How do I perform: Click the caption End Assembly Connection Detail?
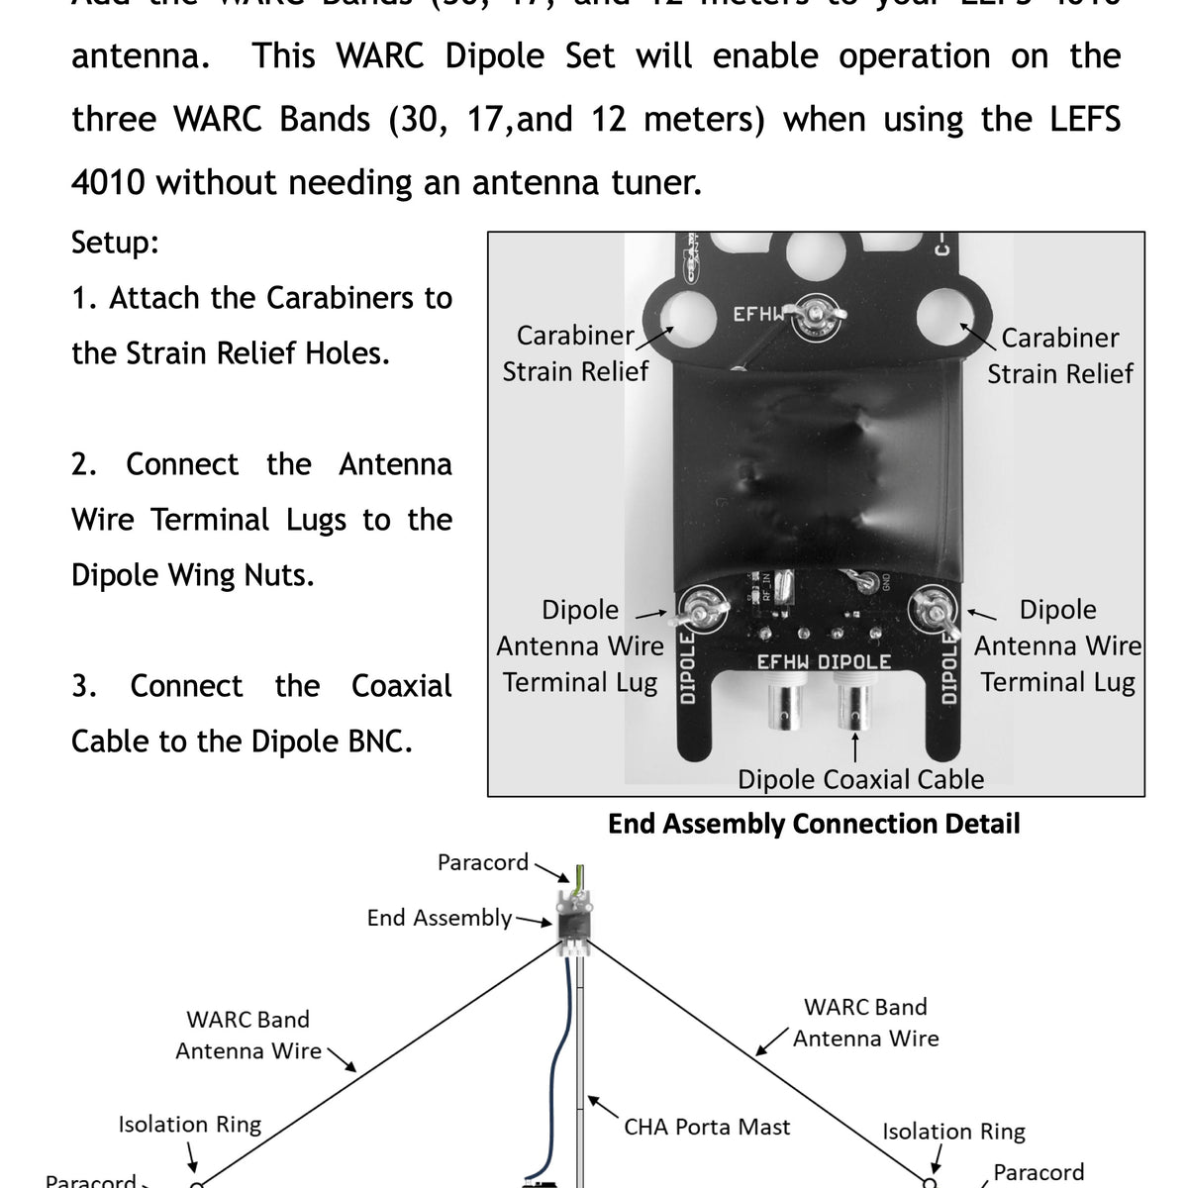(x=813, y=824)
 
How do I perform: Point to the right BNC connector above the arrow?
(x=856, y=705)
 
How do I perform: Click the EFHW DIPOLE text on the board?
(x=824, y=661)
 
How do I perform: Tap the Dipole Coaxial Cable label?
(x=860, y=779)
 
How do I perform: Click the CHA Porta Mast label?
(x=707, y=1126)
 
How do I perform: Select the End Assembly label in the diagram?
(x=440, y=918)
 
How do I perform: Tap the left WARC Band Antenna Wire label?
(x=247, y=1035)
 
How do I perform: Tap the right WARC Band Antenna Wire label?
(x=865, y=1023)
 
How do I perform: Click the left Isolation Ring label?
(x=189, y=1124)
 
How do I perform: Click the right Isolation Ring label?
(x=953, y=1131)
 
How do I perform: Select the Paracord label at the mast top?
(x=483, y=862)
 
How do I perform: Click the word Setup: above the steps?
(x=115, y=243)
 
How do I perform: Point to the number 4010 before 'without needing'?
(x=109, y=182)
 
